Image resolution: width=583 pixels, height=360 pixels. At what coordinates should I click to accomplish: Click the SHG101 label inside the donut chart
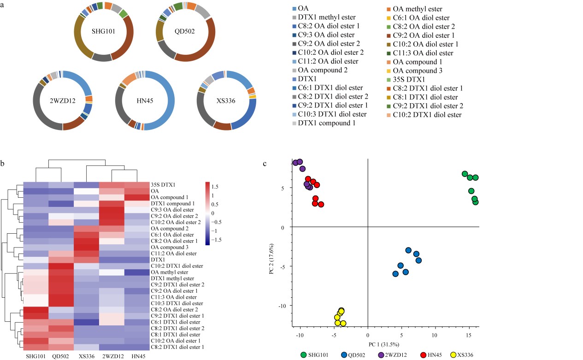click(x=103, y=32)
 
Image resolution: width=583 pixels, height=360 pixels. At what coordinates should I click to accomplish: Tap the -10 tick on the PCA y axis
click(x=286, y=305)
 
